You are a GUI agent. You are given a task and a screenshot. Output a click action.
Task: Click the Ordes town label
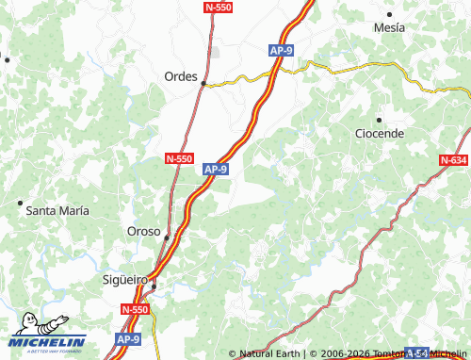pyautogui.click(x=181, y=76)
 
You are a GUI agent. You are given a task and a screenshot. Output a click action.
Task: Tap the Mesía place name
pyautogui.click(x=389, y=28)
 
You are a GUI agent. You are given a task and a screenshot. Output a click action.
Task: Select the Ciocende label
pyautogui.click(x=380, y=134)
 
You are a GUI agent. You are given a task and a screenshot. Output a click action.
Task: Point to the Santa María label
pyautogui.click(x=57, y=210)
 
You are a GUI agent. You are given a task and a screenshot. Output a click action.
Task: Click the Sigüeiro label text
pyautogui.click(x=125, y=280)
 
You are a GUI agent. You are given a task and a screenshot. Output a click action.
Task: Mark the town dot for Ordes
pyautogui.click(x=203, y=84)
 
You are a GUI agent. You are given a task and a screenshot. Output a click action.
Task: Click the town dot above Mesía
pyautogui.click(x=389, y=14)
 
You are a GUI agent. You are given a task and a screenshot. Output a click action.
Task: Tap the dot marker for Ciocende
pyautogui.click(x=379, y=120)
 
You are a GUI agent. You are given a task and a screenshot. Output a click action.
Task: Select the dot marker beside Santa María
pyautogui.click(x=20, y=203)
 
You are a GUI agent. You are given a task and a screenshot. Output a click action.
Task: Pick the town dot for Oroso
pyautogui.click(x=167, y=237)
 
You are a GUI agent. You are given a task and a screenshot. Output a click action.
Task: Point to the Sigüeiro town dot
pyautogui.click(x=154, y=285)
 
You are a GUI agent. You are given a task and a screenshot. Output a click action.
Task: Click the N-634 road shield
pyautogui.click(x=453, y=160)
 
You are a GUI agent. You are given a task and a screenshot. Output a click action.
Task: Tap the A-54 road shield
pyautogui.click(x=417, y=352)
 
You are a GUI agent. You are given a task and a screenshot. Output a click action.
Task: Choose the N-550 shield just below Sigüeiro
pyautogui.click(x=136, y=309)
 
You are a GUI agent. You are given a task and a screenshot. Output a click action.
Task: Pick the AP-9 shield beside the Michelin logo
pyautogui.click(x=128, y=338)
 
